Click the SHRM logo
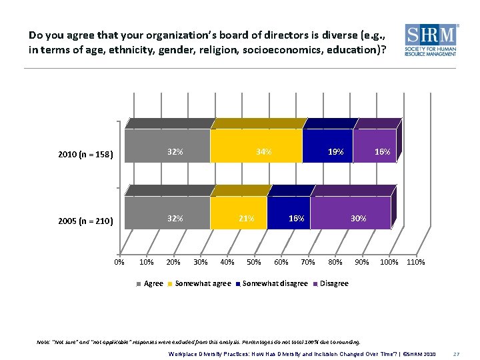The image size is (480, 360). [x=431, y=41]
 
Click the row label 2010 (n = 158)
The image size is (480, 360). [x=86, y=155]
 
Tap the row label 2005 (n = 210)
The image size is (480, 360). [x=86, y=221]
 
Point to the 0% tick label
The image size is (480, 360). [x=119, y=262]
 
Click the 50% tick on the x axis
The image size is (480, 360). [x=254, y=262]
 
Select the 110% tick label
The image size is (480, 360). [x=415, y=262]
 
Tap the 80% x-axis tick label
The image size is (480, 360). [x=335, y=262]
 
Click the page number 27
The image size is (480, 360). [x=457, y=353]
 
